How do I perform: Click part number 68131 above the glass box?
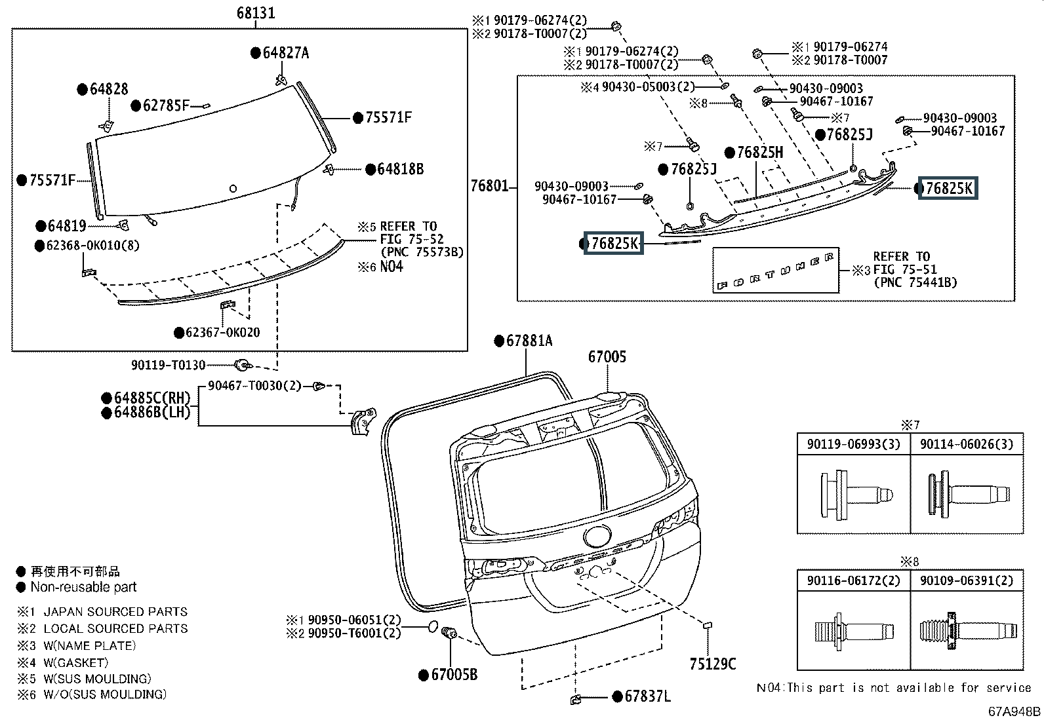[256, 13]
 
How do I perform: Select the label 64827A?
[286, 53]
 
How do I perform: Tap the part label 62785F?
[166, 105]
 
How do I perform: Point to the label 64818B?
[401, 169]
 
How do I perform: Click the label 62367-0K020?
[223, 333]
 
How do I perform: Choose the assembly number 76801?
[489, 186]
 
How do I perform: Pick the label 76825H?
[760, 152]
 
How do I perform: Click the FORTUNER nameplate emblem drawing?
[775, 271]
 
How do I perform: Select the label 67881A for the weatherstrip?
[529, 341]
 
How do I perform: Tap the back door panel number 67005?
[607, 357]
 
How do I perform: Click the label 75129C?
[713, 664]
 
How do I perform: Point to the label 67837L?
[647, 696]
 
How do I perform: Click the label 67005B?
[454, 674]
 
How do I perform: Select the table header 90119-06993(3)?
[853, 444]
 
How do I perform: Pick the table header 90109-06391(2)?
[967, 580]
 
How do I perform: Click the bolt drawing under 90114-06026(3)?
[969, 494]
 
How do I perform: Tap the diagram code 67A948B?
[1014, 711]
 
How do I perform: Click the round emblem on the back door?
[597, 537]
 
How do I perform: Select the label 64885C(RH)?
[152, 398]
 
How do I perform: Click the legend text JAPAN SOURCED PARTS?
[115, 611]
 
